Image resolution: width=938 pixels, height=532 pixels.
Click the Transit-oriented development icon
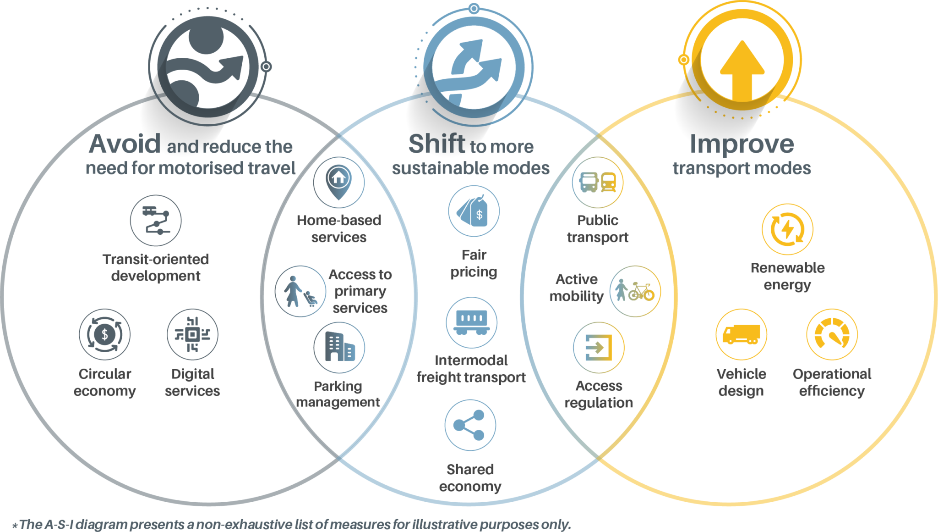tap(156, 221)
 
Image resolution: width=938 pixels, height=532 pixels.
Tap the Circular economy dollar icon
tap(105, 334)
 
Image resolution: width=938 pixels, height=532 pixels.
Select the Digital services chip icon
tap(192, 334)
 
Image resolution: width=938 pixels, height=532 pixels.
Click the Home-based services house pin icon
tap(339, 183)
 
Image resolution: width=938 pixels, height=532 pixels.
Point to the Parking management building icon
tap(339, 348)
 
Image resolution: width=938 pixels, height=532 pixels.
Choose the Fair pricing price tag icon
tap(474, 211)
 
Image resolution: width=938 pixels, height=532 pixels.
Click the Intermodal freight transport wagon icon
tap(472, 322)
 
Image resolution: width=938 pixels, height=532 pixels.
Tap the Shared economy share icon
tap(470, 425)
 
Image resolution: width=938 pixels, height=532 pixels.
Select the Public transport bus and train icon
tap(598, 183)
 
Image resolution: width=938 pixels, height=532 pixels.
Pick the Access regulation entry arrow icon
tap(599, 348)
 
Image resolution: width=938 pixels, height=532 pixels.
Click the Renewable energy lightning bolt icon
tap(788, 229)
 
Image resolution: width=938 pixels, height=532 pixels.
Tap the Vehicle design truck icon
tap(742, 334)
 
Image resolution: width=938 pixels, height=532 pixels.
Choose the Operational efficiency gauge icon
tap(832, 334)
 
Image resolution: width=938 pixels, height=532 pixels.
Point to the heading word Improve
tap(742, 144)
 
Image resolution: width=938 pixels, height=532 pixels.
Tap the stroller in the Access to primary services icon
tap(311, 299)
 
